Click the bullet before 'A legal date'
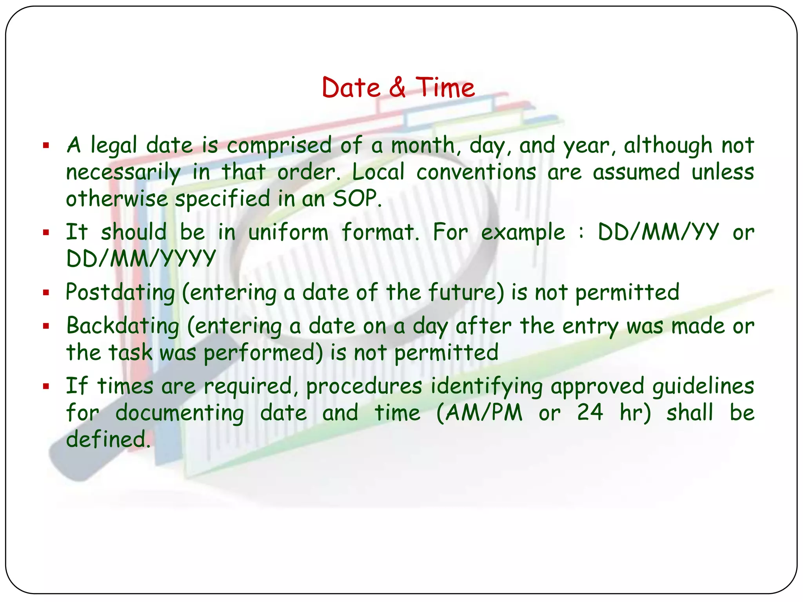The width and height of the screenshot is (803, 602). coord(46,146)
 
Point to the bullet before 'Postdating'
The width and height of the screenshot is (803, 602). coord(46,292)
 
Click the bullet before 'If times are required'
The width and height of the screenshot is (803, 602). coord(46,387)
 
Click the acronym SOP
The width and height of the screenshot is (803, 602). coord(356,199)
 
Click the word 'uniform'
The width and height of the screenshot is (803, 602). coord(288,232)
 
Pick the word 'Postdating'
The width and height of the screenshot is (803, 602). coord(120,292)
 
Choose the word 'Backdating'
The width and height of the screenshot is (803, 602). coord(123,326)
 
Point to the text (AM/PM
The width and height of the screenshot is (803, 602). coord(479,413)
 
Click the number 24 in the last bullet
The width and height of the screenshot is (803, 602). coord(590,413)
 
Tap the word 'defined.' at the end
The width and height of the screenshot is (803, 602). coord(108,439)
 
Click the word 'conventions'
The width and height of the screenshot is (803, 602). coord(476,172)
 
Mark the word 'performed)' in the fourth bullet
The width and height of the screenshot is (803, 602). coord(263,353)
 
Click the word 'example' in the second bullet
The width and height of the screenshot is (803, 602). coord(523,232)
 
